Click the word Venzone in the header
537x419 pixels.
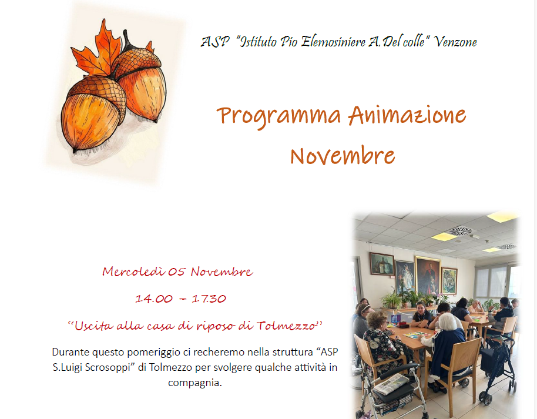point(456,42)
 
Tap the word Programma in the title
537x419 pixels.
point(278,116)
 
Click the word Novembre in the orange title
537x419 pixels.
point(342,156)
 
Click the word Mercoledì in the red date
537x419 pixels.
point(133,271)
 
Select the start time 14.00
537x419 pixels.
point(154,299)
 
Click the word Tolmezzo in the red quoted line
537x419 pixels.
point(290,325)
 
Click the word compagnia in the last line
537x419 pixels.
point(194,383)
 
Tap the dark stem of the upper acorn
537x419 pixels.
point(126,37)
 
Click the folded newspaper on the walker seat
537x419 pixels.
point(391,384)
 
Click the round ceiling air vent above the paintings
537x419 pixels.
point(459,231)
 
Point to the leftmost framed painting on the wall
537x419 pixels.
point(381,264)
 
